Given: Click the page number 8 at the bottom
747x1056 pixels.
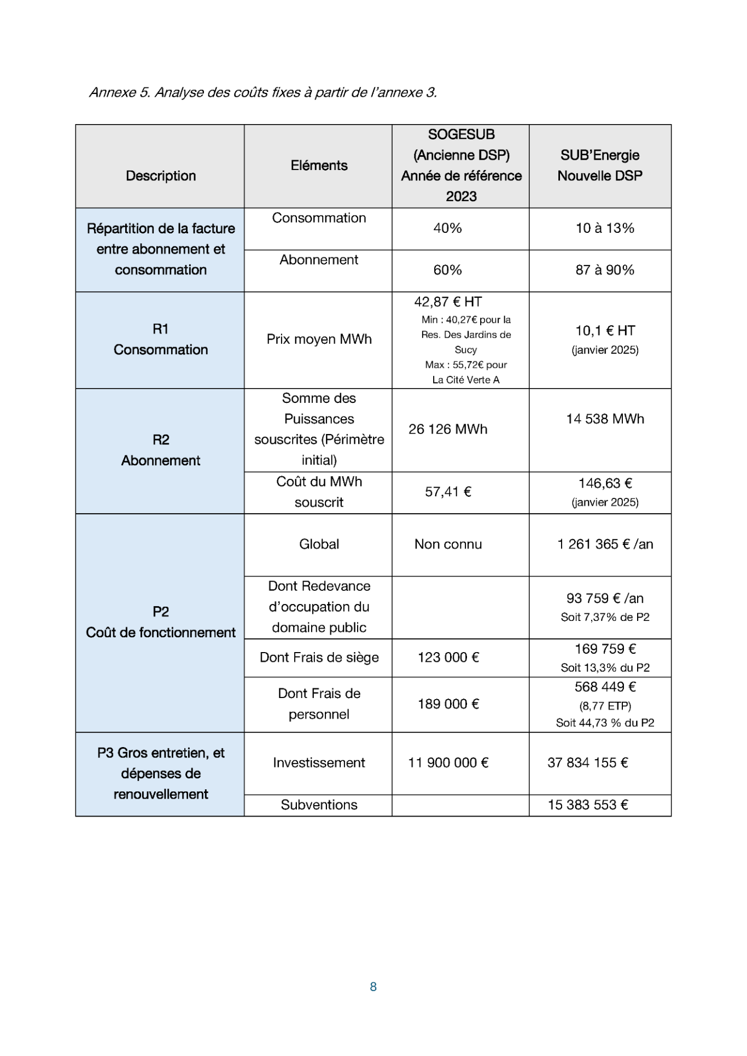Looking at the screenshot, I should [x=373, y=987].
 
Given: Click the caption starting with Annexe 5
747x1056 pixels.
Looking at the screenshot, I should [x=263, y=92].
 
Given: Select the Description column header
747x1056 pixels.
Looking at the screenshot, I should [x=161, y=176].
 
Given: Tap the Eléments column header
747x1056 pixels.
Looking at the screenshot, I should [x=319, y=166].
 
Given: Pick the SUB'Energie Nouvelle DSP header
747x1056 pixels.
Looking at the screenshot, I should [x=599, y=166].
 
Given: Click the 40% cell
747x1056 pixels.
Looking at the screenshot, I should [x=447, y=228].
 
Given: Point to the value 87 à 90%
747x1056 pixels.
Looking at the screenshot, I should [x=605, y=270].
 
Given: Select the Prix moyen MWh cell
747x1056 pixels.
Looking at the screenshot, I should [x=319, y=339].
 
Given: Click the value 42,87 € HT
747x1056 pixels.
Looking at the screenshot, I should [x=448, y=302].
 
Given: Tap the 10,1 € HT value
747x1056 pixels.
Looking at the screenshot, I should [x=605, y=331].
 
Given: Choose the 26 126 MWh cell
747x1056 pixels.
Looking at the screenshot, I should [x=448, y=430].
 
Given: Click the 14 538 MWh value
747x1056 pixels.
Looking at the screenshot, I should [x=605, y=419].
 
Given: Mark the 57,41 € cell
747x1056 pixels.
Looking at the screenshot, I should [x=448, y=492].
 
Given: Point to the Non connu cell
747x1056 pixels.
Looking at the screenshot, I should [x=448, y=544].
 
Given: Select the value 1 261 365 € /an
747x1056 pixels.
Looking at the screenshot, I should [x=605, y=544].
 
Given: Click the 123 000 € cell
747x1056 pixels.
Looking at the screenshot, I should [x=448, y=658].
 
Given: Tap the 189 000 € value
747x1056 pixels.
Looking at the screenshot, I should [x=448, y=704].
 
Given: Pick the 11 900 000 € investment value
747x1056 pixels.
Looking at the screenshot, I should [x=448, y=763].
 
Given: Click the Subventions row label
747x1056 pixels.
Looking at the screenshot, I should [x=319, y=805].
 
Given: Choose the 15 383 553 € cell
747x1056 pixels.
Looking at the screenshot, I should [x=588, y=805].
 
